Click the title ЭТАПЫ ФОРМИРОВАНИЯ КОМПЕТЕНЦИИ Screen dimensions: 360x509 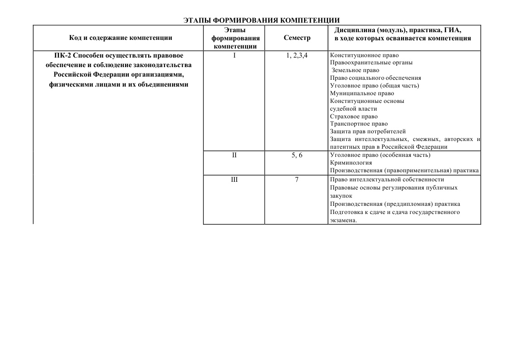262,20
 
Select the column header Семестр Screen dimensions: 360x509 297,38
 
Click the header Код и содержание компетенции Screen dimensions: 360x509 121,38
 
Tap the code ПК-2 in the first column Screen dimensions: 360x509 63,55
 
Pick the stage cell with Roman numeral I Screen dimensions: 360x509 234,55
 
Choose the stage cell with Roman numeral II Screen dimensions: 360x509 234,155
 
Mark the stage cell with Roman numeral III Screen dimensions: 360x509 234,180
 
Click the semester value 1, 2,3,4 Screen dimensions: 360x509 297,55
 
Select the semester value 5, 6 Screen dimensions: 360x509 297,155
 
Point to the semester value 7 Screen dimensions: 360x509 297,180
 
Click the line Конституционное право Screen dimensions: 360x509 364,55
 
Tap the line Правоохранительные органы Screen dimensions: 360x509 371,63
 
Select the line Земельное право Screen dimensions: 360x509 355,70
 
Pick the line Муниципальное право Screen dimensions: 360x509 359,93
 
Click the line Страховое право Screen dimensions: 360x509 354,117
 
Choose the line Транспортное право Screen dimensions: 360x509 359,124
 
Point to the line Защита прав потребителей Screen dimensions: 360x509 368,131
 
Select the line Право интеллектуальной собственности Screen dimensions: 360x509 387,180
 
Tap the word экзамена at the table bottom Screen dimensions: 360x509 343,220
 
